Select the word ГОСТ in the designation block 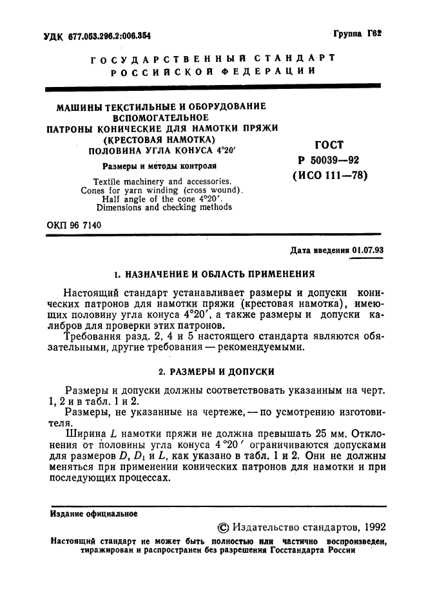[x=329, y=145]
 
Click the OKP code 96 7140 [x=73, y=224]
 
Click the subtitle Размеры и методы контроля [x=152, y=166]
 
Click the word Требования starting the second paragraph [x=97, y=336]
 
